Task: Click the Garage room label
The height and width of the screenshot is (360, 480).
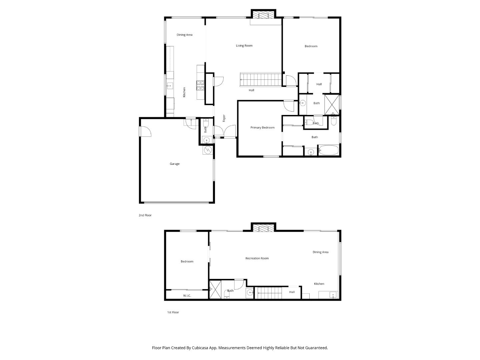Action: point(175,164)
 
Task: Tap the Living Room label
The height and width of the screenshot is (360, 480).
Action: point(244,46)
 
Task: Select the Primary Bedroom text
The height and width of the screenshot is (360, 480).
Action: point(262,128)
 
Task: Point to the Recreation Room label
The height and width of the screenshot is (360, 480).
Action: point(257,258)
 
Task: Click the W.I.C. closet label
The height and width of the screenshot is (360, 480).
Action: point(187,296)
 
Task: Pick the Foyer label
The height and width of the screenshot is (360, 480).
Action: point(224,118)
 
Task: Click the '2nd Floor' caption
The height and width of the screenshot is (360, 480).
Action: point(145,215)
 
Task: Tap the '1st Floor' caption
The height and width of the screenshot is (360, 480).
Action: point(173,312)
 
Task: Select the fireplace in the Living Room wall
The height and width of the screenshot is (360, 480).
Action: point(263,15)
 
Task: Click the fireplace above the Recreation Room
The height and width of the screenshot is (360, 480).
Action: point(263,228)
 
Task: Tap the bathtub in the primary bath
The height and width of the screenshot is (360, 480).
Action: point(329,150)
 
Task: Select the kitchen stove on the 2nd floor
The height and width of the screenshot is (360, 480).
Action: point(200,86)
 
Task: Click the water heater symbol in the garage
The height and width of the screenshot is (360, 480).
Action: point(207,150)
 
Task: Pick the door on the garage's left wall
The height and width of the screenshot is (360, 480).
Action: point(146,132)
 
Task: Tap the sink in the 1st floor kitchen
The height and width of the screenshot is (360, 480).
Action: point(332,295)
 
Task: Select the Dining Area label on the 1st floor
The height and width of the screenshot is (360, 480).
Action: point(320,252)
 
